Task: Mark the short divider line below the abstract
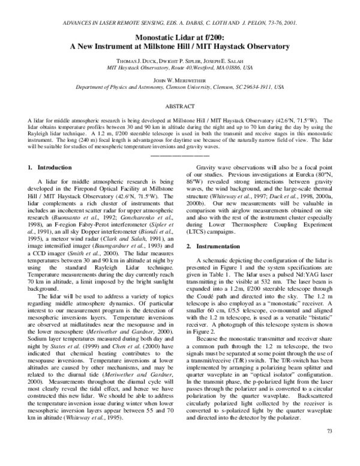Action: click(180, 154)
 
